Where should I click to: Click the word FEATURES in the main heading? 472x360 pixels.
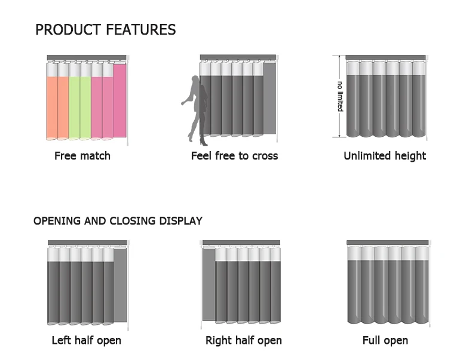click(x=141, y=30)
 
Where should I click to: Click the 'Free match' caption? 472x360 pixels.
click(x=82, y=156)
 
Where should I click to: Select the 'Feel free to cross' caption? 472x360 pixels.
click(x=234, y=156)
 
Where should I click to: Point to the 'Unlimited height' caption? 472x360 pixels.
click(x=385, y=156)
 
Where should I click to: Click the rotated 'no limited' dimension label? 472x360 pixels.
click(x=340, y=96)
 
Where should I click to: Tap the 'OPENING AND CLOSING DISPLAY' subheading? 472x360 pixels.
click(x=118, y=221)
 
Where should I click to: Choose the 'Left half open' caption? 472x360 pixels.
click(x=87, y=340)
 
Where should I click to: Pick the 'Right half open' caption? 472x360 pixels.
click(x=244, y=340)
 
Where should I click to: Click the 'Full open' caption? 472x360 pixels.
click(x=385, y=340)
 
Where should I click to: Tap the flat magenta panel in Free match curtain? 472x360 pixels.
click(x=120, y=100)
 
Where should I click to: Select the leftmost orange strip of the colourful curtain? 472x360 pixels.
click(x=52, y=107)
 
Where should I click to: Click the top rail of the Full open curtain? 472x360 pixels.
click(x=387, y=243)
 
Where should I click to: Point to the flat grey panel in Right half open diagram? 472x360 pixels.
click(x=209, y=285)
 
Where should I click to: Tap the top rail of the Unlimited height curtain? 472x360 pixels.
click(x=385, y=57)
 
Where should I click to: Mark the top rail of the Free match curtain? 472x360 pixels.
click(x=87, y=57)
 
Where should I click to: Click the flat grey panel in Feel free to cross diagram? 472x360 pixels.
click(x=269, y=99)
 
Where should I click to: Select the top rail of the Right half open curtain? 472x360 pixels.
click(x=241, y=243)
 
